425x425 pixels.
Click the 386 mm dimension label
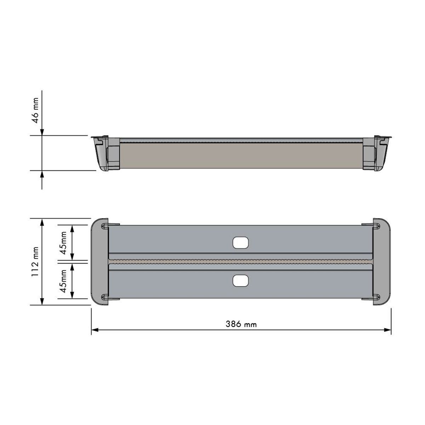click(x=241, y=324)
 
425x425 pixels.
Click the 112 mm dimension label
click(x=35, y=262)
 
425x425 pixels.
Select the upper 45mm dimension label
click(x=63, y=243)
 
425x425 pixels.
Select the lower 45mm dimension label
click(x=63, y=281)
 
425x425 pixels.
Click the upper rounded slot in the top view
click(x=240, y=243)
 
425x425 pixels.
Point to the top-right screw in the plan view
click(x=377, y=226)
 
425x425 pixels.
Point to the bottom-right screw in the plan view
click(x=377, y=297)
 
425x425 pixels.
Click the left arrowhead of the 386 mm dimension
click(x=94, y=330)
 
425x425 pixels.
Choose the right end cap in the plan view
click(x=382, y=262)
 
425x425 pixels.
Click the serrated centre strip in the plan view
click(x=240, y=262)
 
